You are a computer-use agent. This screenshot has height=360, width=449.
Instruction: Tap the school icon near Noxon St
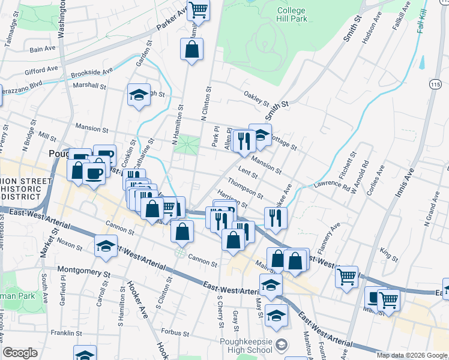pos(106,246)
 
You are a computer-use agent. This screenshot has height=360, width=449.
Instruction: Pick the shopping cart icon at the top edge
pos(197,10)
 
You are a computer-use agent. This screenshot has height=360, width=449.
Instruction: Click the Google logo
pos(20,353)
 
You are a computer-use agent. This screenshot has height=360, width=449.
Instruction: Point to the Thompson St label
pos(245,190)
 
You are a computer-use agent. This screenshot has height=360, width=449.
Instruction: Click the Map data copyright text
pos(411,355)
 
